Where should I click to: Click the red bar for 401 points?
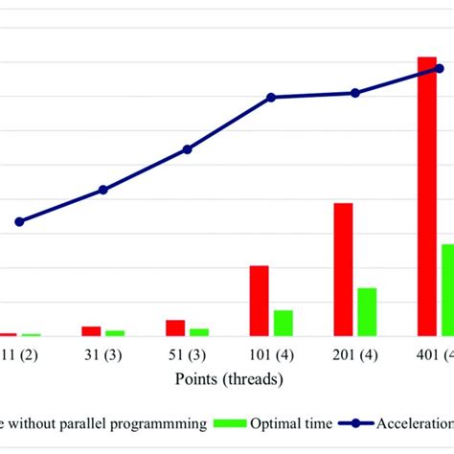coord(427,196)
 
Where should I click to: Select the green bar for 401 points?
coord(446,290)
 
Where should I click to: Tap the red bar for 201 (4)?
coord(343,269)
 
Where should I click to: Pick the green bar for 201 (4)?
coord(367,311)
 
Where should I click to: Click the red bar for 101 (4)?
coord(260,301)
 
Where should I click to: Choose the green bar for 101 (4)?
coord(283,323)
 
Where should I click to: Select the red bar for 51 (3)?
coord(175,328)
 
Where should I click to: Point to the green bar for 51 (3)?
coord(199,332)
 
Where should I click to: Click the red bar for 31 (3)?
coord(91,330)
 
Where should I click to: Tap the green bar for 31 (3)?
coord(115,333)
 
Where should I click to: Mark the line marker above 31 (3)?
coord(103,190)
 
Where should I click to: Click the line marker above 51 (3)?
coord(188,149)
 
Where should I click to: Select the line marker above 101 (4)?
coord(271,97)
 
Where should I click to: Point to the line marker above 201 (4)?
coord(355,93)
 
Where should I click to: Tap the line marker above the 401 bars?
coord(440,68)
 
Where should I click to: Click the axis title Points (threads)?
coord(229,379)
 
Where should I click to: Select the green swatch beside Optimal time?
coord(230,422)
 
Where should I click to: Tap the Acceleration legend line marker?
coord(357,422)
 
